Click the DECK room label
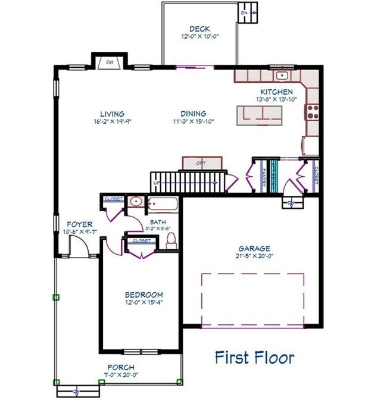click(199, 29)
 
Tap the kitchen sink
click(282, 76)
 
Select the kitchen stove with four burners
click(311, 112)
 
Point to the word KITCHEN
click(276, 92)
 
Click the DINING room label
click(193, 114)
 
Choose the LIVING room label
click(112, 114)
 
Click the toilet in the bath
click(171, 240)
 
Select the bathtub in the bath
click(163, 204)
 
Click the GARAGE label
click(254, 248)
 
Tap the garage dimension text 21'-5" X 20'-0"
click(254, 256)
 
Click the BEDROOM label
click(143, 295)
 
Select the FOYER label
click(79, 224)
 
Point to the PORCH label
click(121, 367)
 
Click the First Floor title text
click(254, 357)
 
